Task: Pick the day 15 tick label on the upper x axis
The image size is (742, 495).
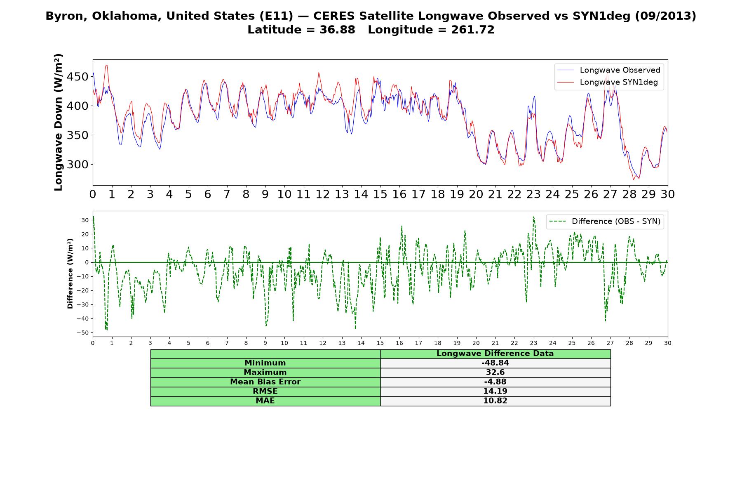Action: coord(380,194)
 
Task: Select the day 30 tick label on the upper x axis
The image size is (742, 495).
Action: coord(667,194)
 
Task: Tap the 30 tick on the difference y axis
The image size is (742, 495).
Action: coord(85,220)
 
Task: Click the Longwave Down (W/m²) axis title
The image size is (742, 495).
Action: coord(59,122)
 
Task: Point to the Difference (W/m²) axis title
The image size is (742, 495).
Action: coord(70,273)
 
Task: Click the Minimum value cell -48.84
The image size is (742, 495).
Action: coord(495,363)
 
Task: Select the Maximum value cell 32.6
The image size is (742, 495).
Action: coord(495,372)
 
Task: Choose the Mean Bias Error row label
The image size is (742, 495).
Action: coord(265,382)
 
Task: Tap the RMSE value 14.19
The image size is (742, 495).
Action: coord(495,391)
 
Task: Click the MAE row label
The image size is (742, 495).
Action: coord(265,401)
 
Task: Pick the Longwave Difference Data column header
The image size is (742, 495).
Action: coord(495,354)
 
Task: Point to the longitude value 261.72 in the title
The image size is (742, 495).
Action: coord(472,30)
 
